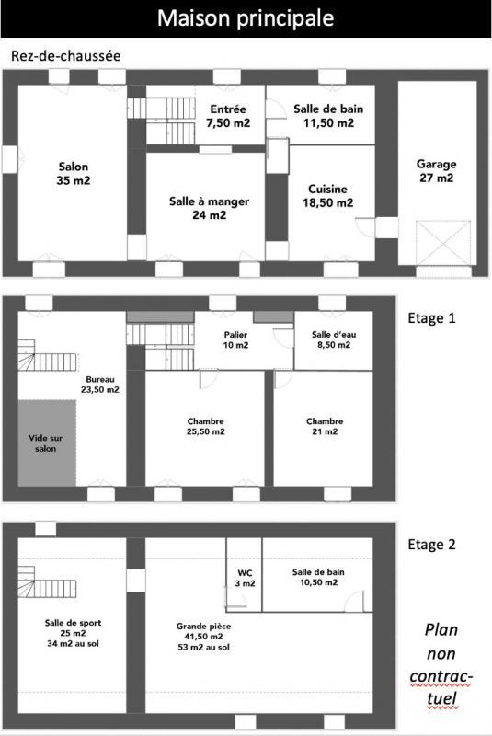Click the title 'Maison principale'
[x=246, y=17]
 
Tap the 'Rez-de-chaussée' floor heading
[x=66, y=56]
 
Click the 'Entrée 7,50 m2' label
[x=227, y=115]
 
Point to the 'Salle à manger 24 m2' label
[x=210, y=208]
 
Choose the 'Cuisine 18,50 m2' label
[x=328, y=196]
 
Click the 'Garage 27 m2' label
[x=435, y=171]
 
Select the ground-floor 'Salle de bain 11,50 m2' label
[x=328, y=115]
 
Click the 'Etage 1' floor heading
[x=431, y=318]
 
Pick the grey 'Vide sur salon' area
[x=46, y=443]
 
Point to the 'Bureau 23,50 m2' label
[x=102, y=385]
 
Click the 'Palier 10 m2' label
[x=235, y=339]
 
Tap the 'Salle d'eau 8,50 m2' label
[x=331, y=339]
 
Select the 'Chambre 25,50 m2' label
[x=205, y=427]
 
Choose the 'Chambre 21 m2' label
[x=324, y=427]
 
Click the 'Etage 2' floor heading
[x=431, y=544]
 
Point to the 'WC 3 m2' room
[x=245, y=577]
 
